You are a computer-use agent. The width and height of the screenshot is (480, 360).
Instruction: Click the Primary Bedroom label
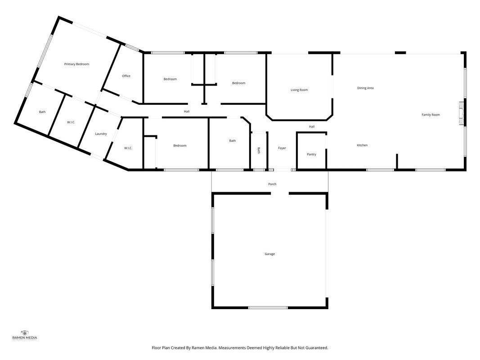[76, 64]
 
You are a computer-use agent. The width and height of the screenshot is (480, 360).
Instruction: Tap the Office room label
[126, 76]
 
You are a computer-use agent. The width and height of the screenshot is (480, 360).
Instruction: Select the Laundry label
[101, 134]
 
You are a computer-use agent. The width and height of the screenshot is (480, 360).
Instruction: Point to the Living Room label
[299, 90]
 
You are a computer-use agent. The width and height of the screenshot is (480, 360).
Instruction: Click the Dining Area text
[365, 88]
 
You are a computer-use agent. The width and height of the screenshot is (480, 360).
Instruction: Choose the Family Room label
[431, 115]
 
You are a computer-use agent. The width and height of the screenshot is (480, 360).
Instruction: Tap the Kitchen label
[362, 145]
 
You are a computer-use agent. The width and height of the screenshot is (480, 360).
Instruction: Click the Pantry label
[311, 154]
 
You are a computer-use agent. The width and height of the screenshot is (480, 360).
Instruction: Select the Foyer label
[282, 148]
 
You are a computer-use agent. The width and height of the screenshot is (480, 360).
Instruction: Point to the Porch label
[272, 184]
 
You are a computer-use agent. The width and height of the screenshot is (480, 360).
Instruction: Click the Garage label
[270, 254]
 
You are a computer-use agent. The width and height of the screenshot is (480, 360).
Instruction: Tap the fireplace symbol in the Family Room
[461, 113]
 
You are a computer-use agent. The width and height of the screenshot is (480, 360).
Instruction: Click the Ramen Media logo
[24, 335]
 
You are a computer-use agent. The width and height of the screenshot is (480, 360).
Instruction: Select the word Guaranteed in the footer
[318, 348]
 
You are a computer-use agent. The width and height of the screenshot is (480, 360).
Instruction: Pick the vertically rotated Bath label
[259, 150]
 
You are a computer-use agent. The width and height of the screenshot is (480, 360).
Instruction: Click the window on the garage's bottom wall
[268, 307]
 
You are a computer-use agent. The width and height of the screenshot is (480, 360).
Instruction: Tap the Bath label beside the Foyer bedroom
[233, 141]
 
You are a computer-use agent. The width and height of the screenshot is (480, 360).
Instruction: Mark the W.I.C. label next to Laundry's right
[128, 148]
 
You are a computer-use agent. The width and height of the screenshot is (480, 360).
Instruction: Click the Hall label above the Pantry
[312, 126]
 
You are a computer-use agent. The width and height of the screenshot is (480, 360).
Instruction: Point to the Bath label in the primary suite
[42, 112]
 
